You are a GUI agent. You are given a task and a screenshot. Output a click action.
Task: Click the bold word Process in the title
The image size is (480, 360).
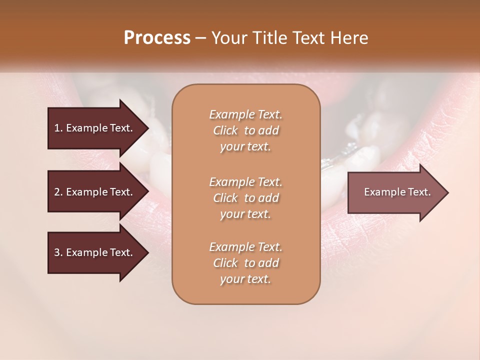157,38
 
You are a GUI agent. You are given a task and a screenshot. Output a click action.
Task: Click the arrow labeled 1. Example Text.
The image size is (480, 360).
95,128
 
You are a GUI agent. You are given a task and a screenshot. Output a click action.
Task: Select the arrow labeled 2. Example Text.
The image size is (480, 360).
95,192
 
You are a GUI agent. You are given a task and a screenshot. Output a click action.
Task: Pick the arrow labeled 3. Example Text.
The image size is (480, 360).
95,252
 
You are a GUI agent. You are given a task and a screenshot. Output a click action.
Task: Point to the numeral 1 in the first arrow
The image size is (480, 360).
56,128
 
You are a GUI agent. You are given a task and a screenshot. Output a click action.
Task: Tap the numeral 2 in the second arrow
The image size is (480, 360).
56,192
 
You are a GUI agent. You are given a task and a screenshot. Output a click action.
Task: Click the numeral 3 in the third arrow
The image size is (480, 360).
56,252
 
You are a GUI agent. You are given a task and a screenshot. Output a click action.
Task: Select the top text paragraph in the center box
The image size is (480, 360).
245,130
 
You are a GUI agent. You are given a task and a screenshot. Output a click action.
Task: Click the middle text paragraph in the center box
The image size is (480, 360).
245,198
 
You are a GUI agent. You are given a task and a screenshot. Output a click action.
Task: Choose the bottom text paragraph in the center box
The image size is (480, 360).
245,263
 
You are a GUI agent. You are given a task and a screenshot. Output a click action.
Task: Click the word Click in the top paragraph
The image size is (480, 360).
225,130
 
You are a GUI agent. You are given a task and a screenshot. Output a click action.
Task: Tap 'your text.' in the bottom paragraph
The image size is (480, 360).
245,279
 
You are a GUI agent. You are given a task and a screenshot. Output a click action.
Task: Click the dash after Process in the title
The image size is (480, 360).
201,38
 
